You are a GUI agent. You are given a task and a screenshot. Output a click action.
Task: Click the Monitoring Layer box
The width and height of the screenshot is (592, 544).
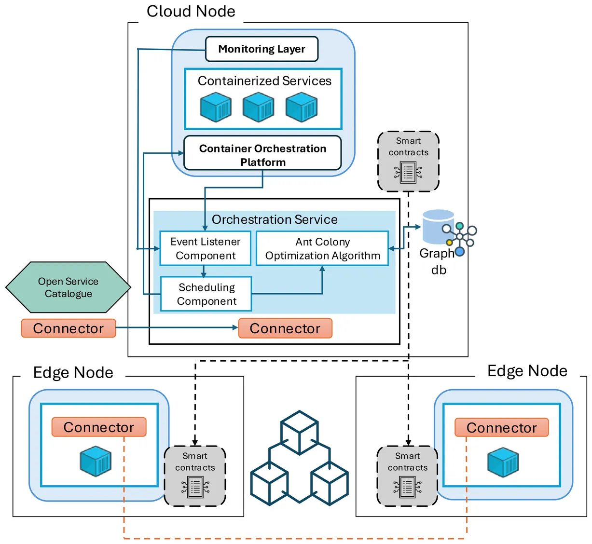coord(262,49)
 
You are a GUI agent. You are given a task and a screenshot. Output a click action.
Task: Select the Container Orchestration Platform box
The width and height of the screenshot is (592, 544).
coord(262,153)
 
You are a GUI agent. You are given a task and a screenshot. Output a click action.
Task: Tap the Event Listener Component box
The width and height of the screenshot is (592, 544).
coord(206,248)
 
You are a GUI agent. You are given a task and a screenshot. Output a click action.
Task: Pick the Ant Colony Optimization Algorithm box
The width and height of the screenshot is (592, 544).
coord(322,248)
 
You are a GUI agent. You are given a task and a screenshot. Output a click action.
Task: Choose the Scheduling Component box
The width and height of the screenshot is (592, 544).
coord(206,294)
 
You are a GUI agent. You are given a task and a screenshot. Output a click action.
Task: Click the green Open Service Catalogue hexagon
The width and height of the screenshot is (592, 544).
coord(68,287)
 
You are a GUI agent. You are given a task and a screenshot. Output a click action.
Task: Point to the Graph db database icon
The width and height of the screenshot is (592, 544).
coord(439,227)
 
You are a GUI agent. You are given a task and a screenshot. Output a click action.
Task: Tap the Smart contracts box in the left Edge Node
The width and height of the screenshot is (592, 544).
coord(195,476)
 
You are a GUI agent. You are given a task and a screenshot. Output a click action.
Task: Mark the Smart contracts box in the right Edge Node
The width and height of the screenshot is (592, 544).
coord(408,476)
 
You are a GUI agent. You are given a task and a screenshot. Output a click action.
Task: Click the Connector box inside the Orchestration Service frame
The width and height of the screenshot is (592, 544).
coord(285,328)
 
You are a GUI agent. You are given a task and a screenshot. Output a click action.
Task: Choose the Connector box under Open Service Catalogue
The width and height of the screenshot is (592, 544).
coord(69,328)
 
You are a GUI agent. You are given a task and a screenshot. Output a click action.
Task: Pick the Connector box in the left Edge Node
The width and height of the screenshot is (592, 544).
coord(99,427)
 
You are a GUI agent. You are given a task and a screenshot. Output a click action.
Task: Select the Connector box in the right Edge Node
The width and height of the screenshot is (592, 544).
coord(502,428)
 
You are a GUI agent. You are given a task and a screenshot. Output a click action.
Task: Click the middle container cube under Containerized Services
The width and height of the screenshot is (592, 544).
coord(259,107)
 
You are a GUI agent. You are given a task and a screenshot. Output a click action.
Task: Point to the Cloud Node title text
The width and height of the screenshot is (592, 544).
coord(191,11)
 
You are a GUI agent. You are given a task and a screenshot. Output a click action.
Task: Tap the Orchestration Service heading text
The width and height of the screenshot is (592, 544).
coord(275,220)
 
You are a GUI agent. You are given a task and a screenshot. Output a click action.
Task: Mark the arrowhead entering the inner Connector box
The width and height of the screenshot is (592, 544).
coord(235,328)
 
